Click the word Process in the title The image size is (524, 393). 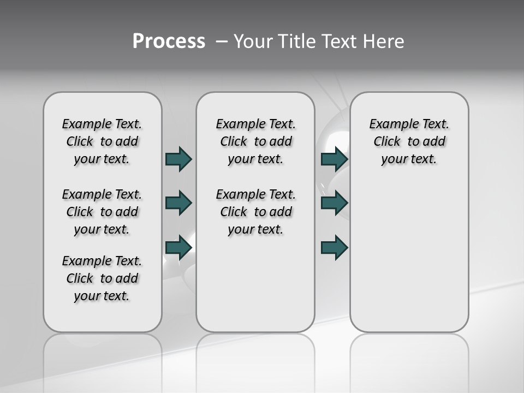pyautogui.click(x=169, y=41)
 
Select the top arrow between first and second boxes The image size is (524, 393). pyautogui.click(x=178, y=159)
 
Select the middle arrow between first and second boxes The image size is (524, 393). pyautogui.click(x=178, y=203)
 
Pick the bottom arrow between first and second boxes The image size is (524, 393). pyautogui.click(x=178, y=248)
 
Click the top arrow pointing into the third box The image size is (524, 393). pyautogui.click(x=335, y=159)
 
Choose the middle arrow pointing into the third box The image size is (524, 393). pyautogui.click(x=335, y=203)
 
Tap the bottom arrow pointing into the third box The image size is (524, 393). pyautogui.click(x=335, y=248)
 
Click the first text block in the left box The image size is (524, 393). pyautogui.click(x=102, y=141)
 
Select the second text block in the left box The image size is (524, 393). pyautogui.click(x=102, y=212)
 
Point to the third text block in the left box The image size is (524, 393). pyautogui.click(x=102, y=278)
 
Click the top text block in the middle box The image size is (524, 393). pyautogui.click(x=255, y=141)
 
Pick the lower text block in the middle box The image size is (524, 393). pyautogui.click(x=255, y=212)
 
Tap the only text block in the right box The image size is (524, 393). pyautogui.click(x=409, y=141)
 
